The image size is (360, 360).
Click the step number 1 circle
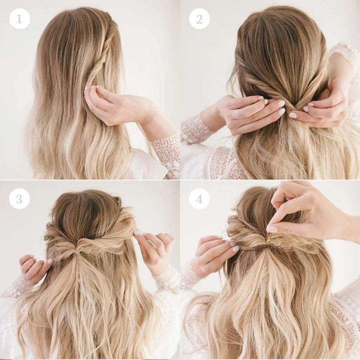tap(19, 18)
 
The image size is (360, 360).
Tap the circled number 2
tap(199, 18)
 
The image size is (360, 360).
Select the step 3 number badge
tap(19, 198)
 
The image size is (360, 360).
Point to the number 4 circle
tap(199, 198)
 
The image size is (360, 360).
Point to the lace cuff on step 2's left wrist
tap(197, 128)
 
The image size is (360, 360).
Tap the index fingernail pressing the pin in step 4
tap(271, 228)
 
